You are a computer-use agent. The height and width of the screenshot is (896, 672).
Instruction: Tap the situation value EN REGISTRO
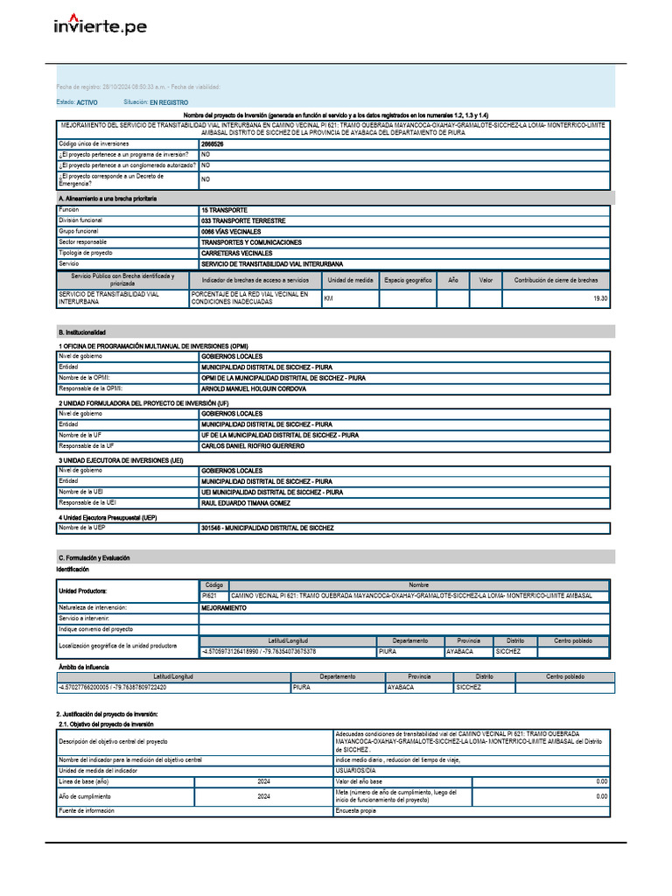169,102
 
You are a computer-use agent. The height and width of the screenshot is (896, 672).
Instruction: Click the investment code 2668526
213,143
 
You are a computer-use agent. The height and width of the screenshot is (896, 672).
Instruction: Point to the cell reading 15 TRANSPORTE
224,210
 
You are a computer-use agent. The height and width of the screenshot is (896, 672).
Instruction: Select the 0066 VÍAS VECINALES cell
231,232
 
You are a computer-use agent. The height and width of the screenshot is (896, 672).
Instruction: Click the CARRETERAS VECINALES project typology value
236,253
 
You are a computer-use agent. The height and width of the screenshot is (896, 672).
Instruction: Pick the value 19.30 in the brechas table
600,298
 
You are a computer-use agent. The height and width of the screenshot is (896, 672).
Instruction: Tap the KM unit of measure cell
329,298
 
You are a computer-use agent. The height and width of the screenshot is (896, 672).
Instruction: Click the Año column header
452,280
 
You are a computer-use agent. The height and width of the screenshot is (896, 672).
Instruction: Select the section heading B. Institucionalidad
82,332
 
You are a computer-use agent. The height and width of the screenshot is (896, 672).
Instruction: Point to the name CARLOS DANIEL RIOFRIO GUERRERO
253,446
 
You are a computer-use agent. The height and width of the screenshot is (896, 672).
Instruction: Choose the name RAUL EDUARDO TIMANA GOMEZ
246,503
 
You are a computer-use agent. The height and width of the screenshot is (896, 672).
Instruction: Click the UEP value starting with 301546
267,528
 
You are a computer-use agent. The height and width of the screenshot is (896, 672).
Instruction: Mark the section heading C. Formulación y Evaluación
95,557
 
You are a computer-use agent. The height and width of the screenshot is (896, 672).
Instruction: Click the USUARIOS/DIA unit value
355,770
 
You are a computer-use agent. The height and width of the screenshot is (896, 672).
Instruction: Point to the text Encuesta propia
356,811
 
